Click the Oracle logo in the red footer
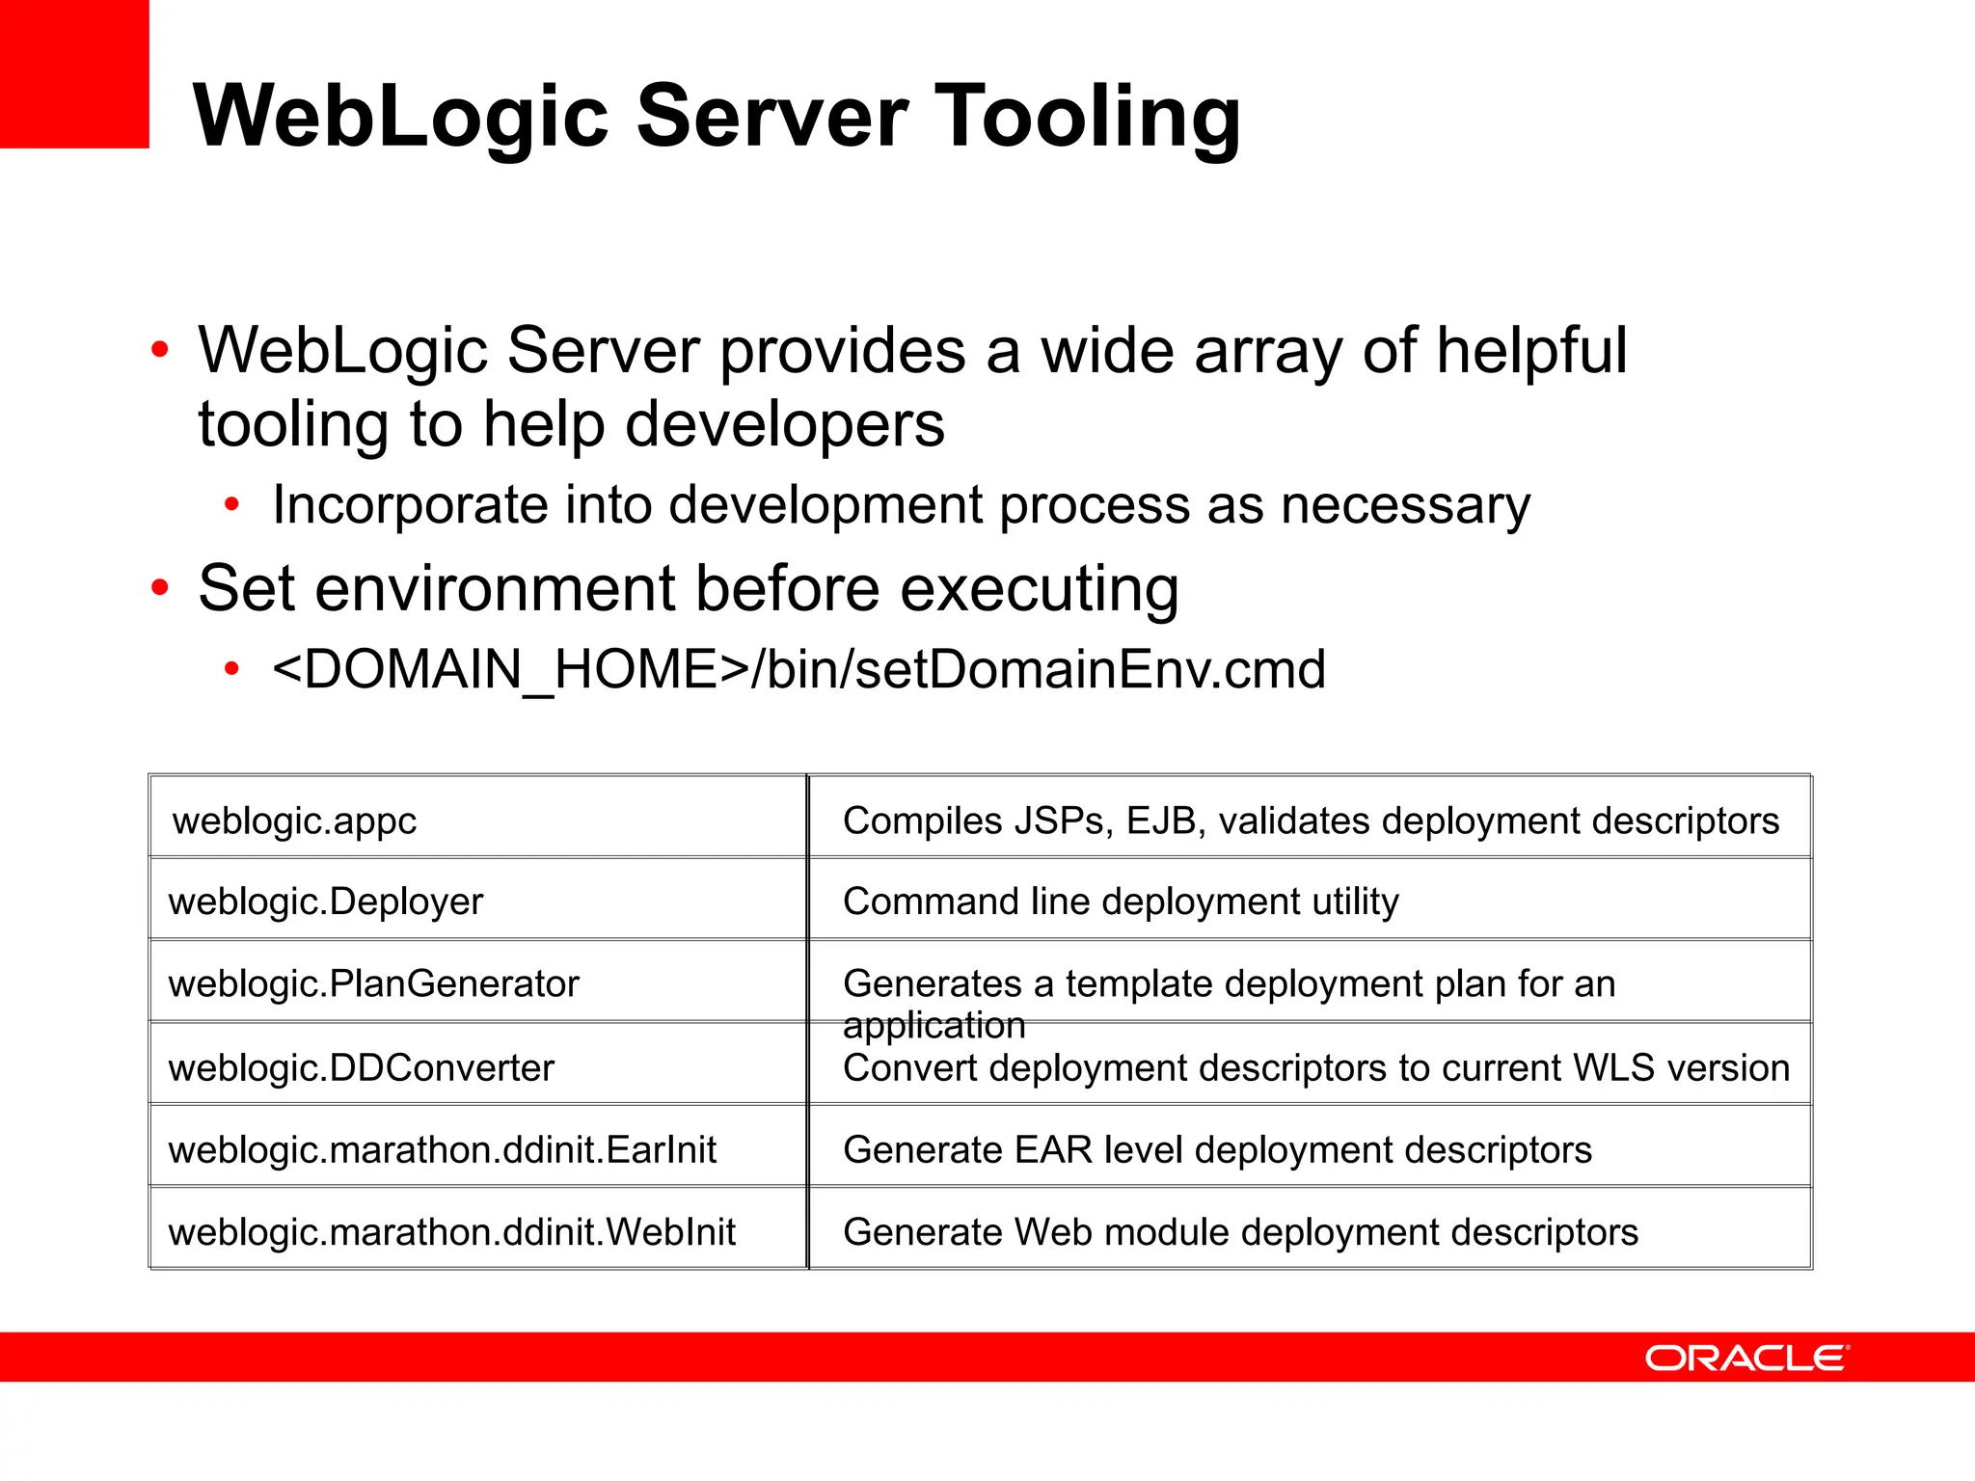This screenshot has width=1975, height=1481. click(1745, 1358)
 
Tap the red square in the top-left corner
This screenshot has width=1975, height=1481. click(74, 73)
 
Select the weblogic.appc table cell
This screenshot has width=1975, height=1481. click(294, 821)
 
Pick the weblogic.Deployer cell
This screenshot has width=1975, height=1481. click(325, 902)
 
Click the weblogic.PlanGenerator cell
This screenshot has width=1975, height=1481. click(373, 984)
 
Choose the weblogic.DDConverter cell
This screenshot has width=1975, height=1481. click(361, 1068)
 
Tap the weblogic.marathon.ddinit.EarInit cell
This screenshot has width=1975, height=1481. click(442, 1150)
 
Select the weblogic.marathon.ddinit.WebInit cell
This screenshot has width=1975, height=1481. click(451, 1232)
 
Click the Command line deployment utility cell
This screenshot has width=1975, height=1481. click(1120, 902)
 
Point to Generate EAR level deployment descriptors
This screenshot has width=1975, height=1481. click(1216, 1150)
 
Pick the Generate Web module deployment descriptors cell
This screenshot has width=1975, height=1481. click(1239, 1232)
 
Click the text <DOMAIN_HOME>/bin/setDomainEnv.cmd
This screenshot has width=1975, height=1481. click(798, 669)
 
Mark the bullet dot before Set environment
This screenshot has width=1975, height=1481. click(160, 587)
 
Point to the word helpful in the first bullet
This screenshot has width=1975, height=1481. click(1530, 350)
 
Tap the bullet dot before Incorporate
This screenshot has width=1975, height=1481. click(231, 504)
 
